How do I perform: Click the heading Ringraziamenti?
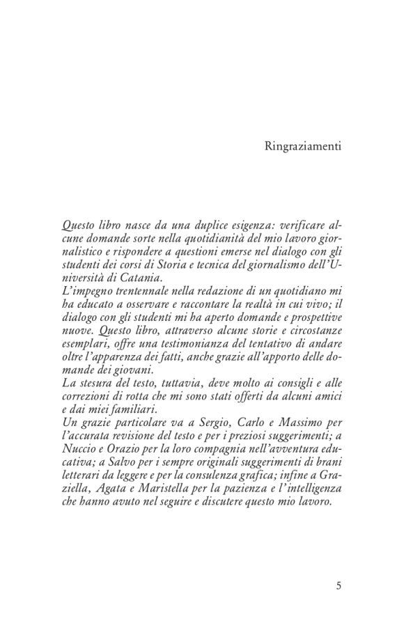[303, 146]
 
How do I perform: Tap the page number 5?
[339, 585]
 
